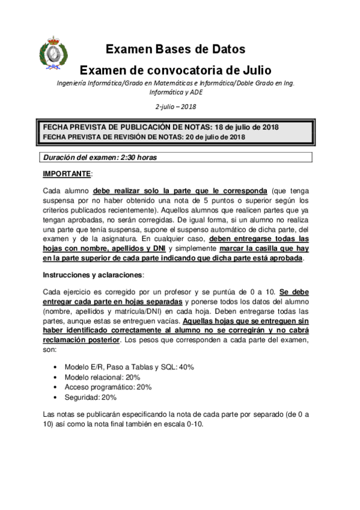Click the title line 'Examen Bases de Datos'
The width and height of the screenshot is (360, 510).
coord(175,49)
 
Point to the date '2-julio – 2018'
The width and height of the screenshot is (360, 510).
coord(175,106)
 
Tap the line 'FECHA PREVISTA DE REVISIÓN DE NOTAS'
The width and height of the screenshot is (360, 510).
coord(144,137)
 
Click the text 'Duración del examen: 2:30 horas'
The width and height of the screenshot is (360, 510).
coord(100,158)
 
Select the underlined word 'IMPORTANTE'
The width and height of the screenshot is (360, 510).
coord(66,174)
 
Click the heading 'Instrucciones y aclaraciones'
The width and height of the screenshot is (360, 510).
coord(93,274)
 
